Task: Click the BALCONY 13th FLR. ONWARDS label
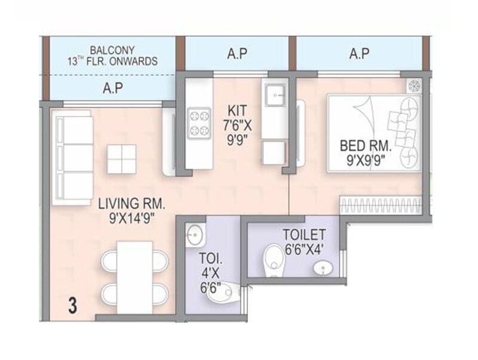112,56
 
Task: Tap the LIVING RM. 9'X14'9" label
131,211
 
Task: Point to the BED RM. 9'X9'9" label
364,150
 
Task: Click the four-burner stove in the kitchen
198,122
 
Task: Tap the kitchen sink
275,94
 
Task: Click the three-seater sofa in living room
72,160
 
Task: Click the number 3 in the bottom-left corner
73,306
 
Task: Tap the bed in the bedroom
375,133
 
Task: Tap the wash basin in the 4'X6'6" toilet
194,234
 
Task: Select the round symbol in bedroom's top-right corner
413,86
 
